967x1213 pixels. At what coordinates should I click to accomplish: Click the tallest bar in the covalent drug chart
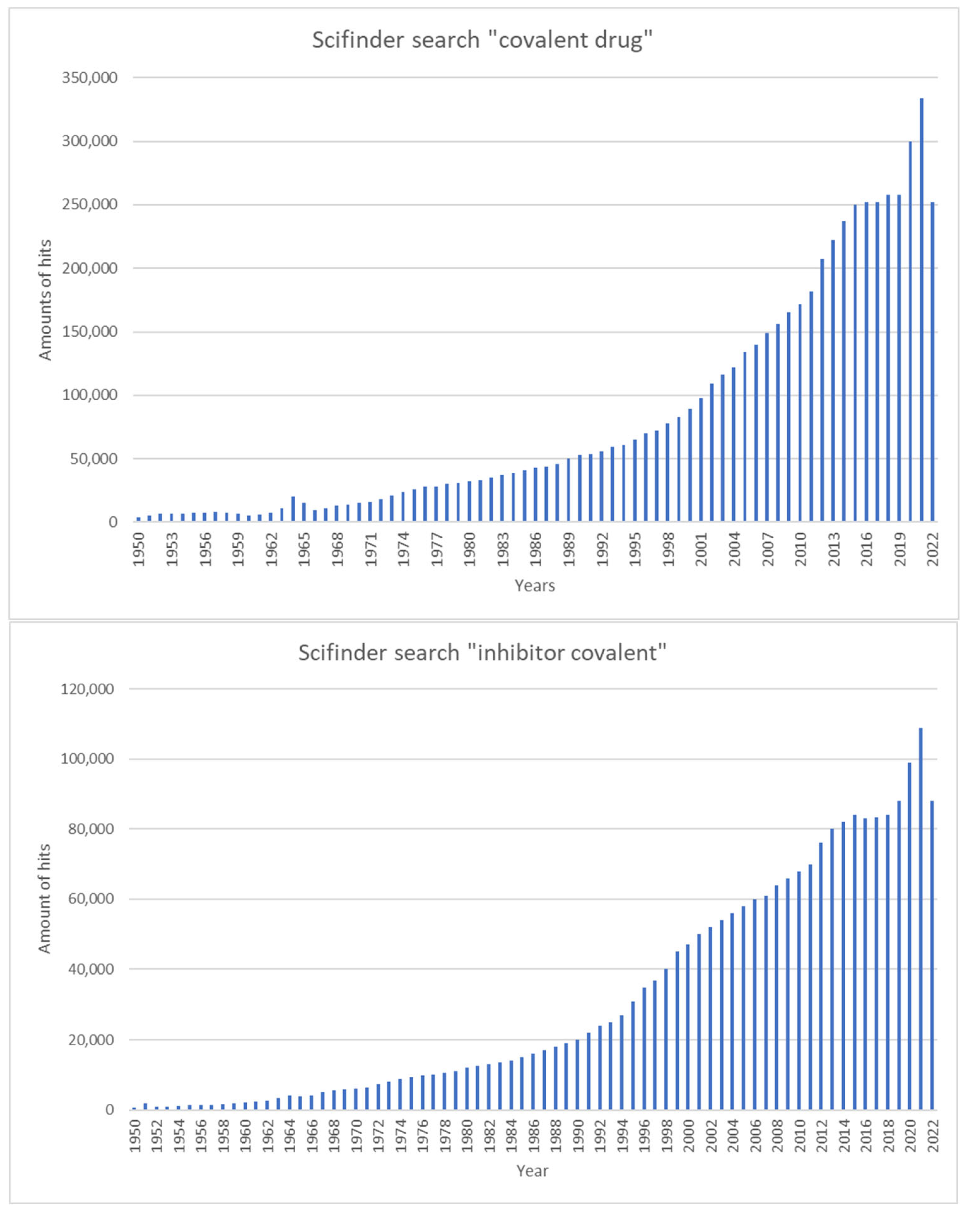(921, 310)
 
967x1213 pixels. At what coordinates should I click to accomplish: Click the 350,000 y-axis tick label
(90, 78)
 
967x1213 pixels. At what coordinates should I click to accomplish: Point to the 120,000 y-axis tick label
(87, 689)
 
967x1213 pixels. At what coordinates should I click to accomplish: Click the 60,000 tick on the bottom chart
(90, 899)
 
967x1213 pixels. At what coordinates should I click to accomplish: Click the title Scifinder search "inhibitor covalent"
(482, 653)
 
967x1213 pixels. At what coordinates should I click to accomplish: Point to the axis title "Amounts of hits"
(45, 300)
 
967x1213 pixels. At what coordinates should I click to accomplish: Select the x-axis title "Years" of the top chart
(535, 586)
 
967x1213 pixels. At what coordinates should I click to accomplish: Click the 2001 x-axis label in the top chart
(701, 549)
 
